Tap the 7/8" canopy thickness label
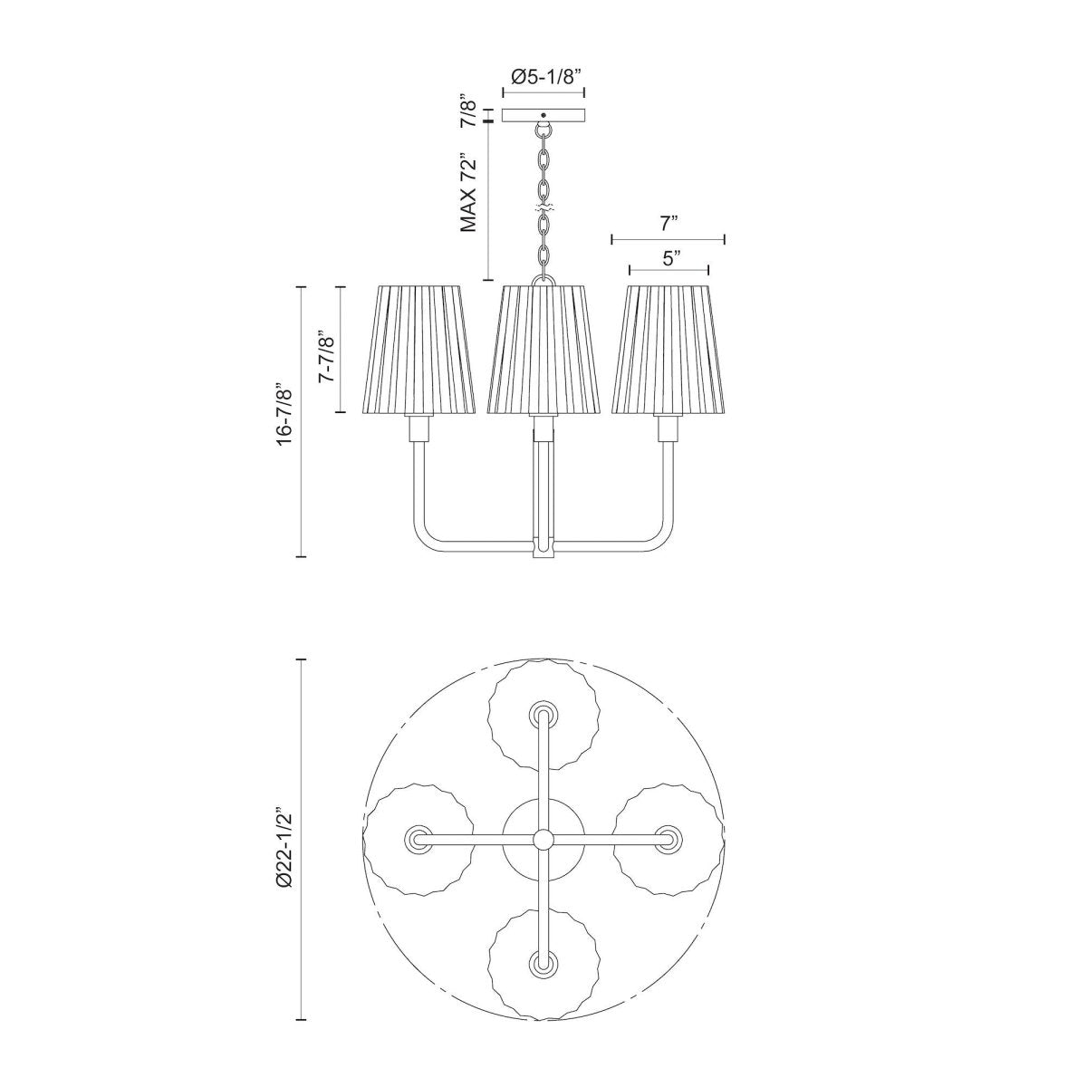[x=468, y=109]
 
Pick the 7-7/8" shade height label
[x=327, y=361]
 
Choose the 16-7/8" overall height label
[x=286, y=412]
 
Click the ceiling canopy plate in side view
[x=543, y=116]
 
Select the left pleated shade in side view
[x=418, y=349]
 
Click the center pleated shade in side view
[x=543, y=349]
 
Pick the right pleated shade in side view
[x=669, y=349]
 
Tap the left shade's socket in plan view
[x=418, y=839]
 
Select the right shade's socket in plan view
[x=668, y=839]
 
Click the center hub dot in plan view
[x=543, y=839]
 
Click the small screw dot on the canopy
[x=543, y=115]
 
